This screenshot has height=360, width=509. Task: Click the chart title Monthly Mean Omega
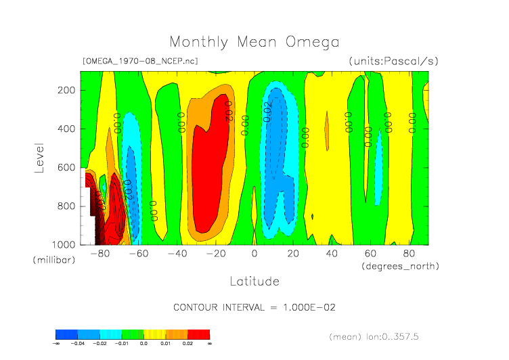coord(254,42)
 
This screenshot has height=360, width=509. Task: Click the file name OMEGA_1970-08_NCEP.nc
coord(139,61)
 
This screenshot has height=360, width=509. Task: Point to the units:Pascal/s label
coord(393,61)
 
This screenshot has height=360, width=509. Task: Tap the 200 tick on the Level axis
coord(66,90)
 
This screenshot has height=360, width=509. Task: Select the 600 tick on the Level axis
coord(66,167)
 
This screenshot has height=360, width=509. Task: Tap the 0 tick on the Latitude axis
coord(255,254)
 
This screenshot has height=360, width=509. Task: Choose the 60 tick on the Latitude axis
coord(370,254)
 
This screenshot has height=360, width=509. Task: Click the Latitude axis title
coord(254,280)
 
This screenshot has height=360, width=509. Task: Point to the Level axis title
coord(39,157)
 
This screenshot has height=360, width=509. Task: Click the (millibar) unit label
coord(51,260)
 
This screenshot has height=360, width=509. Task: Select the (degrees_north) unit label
coord(400,266)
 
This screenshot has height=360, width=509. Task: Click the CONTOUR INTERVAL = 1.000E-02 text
coord(254,307)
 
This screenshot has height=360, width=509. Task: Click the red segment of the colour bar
coord(199,334)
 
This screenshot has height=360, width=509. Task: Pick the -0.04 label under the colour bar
coord(78,343)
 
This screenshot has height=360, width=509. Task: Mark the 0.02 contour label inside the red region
coord(228,110)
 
